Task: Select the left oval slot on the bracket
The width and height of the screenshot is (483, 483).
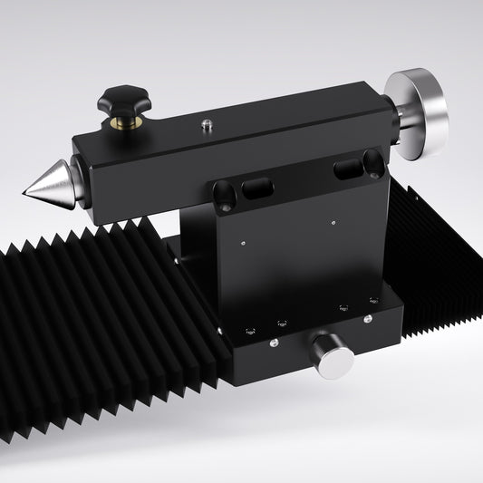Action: (256, 189)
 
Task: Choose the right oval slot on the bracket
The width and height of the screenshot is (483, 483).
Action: (347, 169)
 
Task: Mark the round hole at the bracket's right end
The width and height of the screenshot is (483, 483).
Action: (372, 163)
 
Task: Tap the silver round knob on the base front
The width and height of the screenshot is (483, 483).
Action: (332, 356)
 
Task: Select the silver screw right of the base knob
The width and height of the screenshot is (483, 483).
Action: (367, 319)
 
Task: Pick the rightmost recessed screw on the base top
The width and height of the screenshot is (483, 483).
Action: (372, 301)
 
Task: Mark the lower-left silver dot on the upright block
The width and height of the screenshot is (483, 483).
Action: (246, 242)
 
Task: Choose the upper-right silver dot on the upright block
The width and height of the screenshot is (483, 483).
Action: (333, 217)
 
